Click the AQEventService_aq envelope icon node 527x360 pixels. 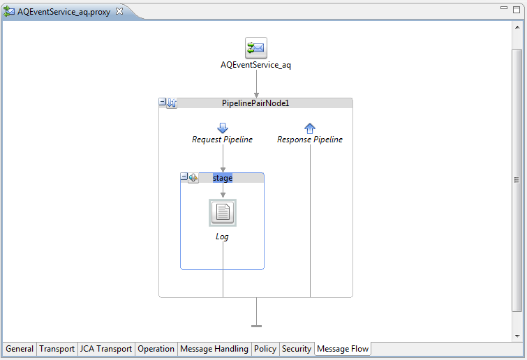pyautogui.click(x=256, y=48)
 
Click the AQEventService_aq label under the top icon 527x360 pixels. pyautogui.click(x=256, y=65)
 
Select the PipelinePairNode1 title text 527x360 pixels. pyautogui.click(x=255, y=103)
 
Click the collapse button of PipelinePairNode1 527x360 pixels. pyautogui.click(x=163, y=103)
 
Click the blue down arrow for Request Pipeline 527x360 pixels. pyautogui.click(x=223, y=128)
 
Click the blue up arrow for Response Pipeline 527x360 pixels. pyautogui.click(x=310, y=128)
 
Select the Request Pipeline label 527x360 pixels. pyautogui.click(x=223, y=140)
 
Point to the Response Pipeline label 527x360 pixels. pyautogui.click(x=310, y=140)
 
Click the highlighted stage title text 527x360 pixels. pyautogui.click(x=223, y=178)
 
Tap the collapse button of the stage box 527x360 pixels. pyautogui.click(x=184, y=177)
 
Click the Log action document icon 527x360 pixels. pyautogui.click(x=223, y=213)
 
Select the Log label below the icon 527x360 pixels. pyautogui.click(x=222, y=237)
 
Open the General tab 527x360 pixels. pyautogui.click(x=20, y=349)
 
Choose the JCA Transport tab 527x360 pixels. pyautogui.click(x=106, y=349)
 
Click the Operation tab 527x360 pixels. pyautogui.click(x=156, y=349)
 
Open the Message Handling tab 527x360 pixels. pyautogui.click(x=214, y=349)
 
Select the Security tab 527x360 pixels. pyautogui.click(x=297, y=349)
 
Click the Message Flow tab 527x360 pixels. pyautogui.click(x=343, y=349)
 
